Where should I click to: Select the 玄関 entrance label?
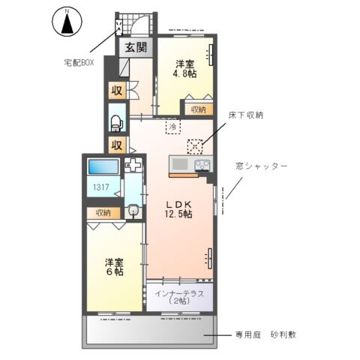click(x=136, y=49)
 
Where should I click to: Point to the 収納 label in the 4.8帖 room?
click(x=197, y=109)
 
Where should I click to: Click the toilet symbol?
click(x=117, y=120)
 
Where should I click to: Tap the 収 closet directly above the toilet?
click(x=117, y=92)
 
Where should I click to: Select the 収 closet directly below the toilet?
click(x=117, y=145)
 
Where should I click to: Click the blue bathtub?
click(x=102, y=167)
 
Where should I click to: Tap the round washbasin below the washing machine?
click(x=133, y=211)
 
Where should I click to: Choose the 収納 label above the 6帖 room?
click(x=103, y=213)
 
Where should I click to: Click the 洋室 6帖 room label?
click(x=114, y=268)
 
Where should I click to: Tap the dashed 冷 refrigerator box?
click(x=172, y=127)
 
